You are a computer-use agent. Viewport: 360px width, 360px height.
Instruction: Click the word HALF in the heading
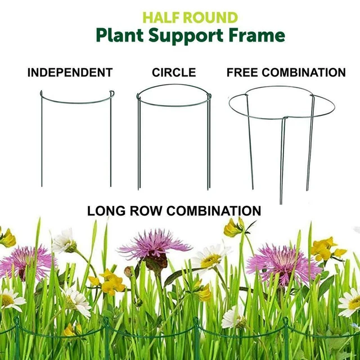(x=160, y=17)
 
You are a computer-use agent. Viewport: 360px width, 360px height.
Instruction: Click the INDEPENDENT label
(x=70, y=73)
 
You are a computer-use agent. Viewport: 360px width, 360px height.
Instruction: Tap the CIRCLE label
(x=174, y=73)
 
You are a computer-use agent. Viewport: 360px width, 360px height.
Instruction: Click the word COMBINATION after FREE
(x=306, y=73)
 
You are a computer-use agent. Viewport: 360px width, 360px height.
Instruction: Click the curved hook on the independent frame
(x=111, y=94)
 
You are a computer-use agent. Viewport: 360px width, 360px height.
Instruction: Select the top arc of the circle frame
(x=174, y=87)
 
